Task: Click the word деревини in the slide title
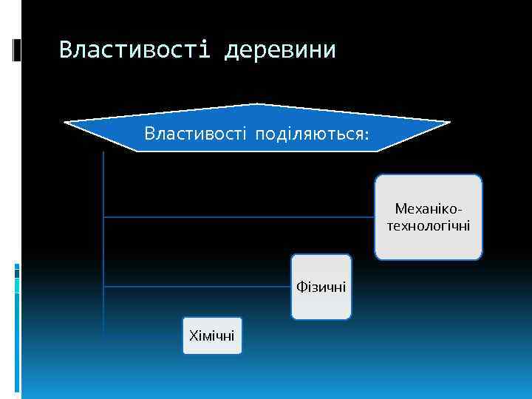280,50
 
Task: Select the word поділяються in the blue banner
308,134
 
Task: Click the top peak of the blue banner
256,104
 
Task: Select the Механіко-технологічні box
428,217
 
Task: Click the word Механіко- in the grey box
428,209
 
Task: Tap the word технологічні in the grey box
428,225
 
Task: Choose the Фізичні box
321,287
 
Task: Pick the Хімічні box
212,336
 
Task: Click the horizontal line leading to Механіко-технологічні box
236,217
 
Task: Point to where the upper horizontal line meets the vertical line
103,217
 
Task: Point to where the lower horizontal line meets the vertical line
103,286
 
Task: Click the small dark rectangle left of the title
16,50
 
